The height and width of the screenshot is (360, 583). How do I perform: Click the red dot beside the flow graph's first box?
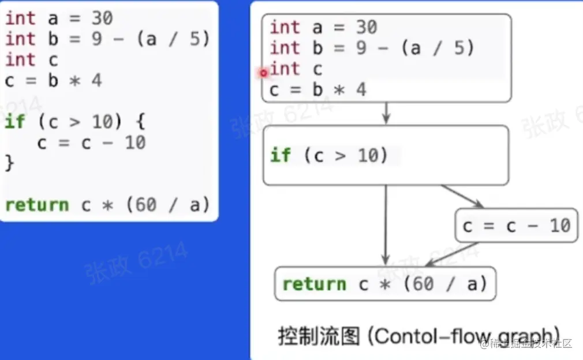pos(263,73)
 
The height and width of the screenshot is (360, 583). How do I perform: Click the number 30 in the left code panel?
pos(102,18)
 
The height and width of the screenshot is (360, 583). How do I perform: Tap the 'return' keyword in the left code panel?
pos(36,205)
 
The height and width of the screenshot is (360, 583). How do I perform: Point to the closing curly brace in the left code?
pos(9,163)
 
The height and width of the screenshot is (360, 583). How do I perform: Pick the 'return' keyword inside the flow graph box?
pos(313,284)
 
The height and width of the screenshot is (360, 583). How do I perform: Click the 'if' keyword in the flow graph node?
pos(280,155)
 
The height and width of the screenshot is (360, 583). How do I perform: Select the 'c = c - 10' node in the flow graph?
pos(516,226)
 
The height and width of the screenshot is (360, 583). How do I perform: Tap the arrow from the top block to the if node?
pos(386,113)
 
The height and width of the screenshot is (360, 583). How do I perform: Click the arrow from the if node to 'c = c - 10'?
pos(462,196)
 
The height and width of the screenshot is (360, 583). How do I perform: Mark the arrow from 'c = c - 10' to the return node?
pos(453,254)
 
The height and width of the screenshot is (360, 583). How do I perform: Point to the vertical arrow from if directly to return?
pos(386,225)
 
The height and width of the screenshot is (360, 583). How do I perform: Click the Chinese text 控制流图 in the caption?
pos(319,336)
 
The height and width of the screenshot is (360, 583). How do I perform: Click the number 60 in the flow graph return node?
pos(423,284)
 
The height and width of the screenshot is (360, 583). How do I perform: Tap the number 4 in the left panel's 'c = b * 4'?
pos(96,80)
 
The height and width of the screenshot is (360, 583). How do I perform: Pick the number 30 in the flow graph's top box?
pos(366,27)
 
